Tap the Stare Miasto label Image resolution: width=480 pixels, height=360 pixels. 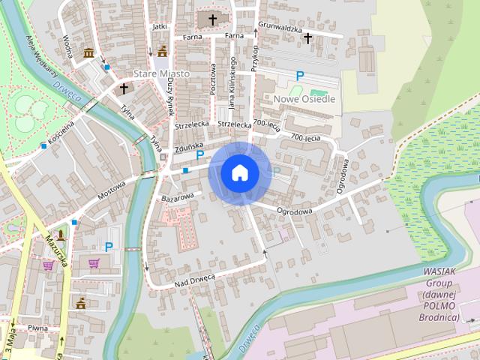coord(161,74)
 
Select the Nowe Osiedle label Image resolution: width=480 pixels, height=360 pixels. coord(304,98)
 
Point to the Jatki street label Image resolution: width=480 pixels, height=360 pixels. coord(158,25)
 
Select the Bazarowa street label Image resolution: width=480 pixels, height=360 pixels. coord(178,196)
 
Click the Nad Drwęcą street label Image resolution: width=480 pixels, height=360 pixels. coord(195,279)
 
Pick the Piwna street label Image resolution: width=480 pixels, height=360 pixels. coord(37,328)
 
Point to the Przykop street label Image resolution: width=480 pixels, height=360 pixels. coord(255,56)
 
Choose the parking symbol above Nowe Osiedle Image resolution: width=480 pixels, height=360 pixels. coord(300,75)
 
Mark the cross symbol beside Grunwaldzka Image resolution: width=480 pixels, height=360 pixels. coord(307,37)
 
